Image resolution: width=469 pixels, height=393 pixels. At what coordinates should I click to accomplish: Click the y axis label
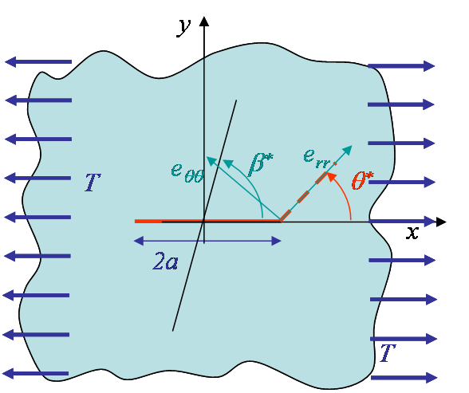point(183,27)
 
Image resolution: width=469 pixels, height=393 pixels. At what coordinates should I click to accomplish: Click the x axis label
point(412,232)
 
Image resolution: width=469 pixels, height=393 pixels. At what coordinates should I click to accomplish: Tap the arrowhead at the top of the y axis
point(204,22)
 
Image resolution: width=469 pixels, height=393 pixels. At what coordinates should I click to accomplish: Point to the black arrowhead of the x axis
point(441,222)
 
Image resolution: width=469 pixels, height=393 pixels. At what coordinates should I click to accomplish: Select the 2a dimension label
point(165,261)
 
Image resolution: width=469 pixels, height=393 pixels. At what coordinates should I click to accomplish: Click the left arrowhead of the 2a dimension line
point(139,241)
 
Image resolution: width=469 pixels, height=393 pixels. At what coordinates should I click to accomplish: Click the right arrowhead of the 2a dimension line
point(276,241)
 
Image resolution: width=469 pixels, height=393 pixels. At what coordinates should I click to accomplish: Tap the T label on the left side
point(93,183)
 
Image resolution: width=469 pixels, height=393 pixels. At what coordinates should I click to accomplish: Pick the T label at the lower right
point(388,353)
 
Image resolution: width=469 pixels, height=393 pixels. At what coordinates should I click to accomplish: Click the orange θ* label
point(362,180)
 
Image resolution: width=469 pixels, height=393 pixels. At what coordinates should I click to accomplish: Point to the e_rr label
point(317,158)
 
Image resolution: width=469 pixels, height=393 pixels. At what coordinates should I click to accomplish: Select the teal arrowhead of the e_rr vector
point(347,150)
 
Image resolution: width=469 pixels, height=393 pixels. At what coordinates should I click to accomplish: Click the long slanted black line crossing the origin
point(204,215)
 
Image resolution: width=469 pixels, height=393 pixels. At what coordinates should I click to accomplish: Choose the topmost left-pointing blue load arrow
point(38,62)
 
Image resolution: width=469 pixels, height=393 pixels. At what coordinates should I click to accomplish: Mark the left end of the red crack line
point(136,221)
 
